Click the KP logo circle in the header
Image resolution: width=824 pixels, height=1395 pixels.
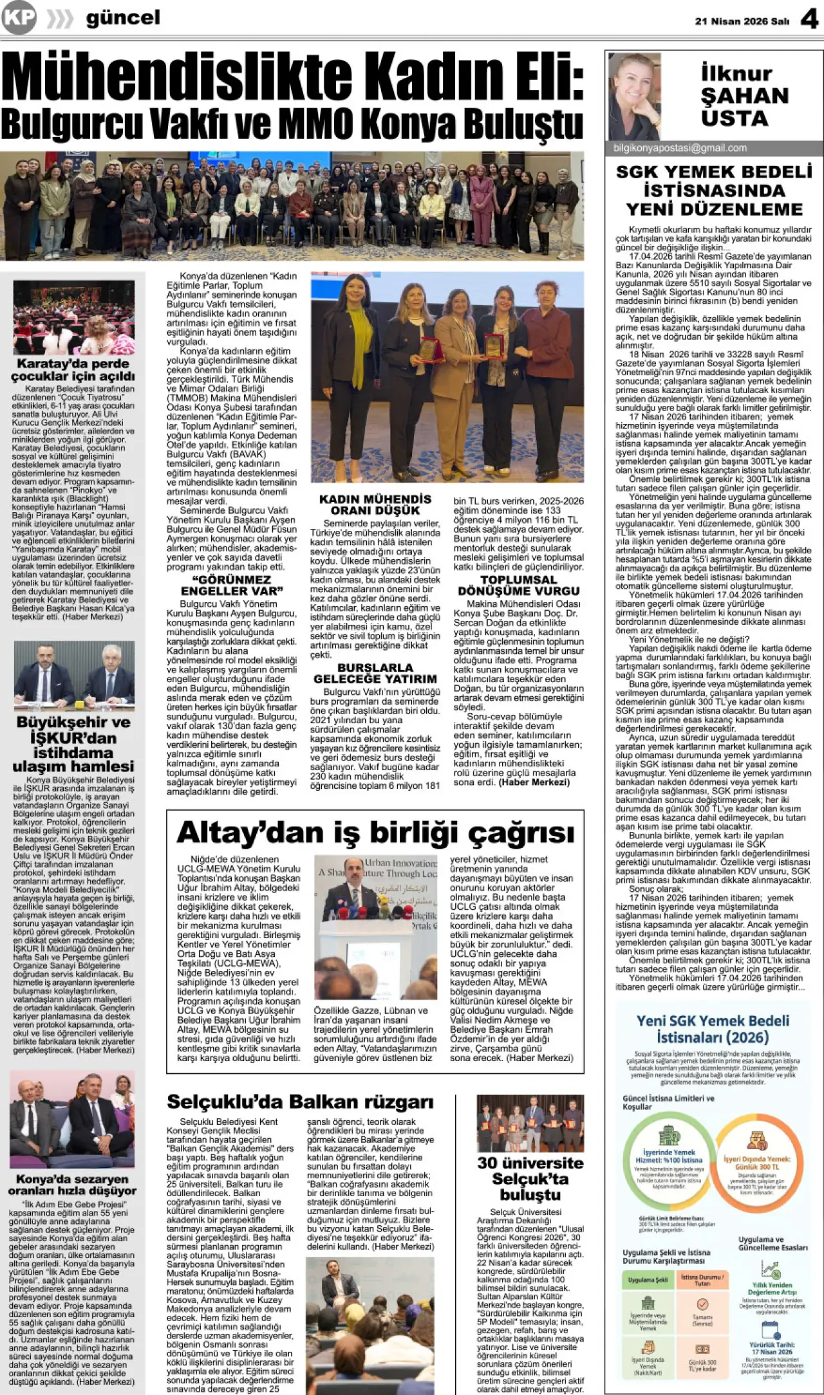click(x=19, y=17)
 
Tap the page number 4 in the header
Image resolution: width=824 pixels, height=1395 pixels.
click(x=809, y=19)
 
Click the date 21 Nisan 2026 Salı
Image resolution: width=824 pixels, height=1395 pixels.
click(x=742, y=21)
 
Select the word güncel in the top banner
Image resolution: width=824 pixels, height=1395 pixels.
click(x=123, y=18)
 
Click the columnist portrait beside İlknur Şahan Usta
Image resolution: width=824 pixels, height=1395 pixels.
click(x=634, y=97)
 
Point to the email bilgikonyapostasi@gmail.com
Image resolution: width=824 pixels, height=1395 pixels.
click(x=680, y=148)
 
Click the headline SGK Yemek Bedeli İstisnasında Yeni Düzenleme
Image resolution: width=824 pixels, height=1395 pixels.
click(x=714, y=190)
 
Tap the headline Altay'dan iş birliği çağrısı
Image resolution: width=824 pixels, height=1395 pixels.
click(x=375, y=832)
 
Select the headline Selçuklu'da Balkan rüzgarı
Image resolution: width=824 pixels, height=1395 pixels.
click(x=300, y=1102)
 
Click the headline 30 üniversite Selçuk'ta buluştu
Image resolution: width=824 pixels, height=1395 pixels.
click(x=530, y=1179)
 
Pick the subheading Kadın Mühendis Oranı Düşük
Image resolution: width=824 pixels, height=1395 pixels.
click(x=375, y=504)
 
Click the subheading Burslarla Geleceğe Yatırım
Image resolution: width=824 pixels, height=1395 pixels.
click(x=375, y=673)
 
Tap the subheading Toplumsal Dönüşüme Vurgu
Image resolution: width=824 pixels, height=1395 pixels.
click(x=518, y=585)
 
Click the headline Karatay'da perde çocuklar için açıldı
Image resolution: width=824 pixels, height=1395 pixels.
click(x=73, y=369)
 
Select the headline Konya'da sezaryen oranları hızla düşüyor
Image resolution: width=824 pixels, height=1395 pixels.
click(x=73, y=1185)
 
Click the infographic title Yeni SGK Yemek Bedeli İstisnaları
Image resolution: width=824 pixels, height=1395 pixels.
click(x=713, y=1029)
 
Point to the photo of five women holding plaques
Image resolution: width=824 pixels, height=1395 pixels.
click(x=447, y=377)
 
